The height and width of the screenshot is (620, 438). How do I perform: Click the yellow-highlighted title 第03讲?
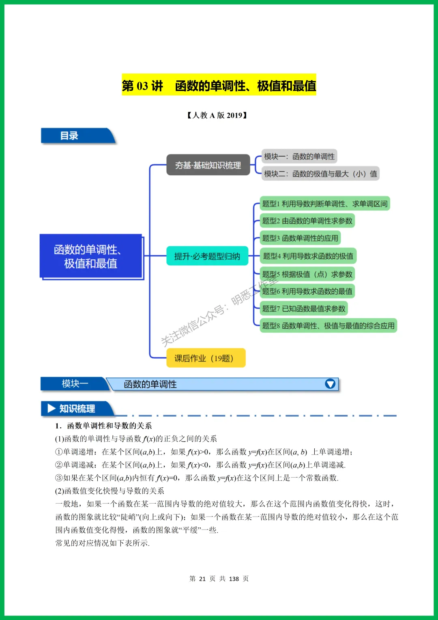click(219, 86)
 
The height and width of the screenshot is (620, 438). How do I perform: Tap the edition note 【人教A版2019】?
click(217, 115)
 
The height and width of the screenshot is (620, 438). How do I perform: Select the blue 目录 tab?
click(73, 136)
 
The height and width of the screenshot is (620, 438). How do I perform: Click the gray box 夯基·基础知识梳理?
click(208, 165)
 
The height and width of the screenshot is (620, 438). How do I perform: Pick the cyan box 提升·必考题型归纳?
click(207, 256)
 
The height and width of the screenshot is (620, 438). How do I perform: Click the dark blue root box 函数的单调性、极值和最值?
click(91, 256)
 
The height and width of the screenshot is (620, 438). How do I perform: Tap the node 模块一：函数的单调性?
click(299, 157)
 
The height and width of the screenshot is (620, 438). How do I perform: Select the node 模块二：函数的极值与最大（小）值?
click(320, 174)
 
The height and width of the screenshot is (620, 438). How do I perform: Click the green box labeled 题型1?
click(324, 204)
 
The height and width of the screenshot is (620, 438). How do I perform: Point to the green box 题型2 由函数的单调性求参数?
click(307, 221)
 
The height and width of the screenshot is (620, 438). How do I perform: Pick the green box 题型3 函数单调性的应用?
click(300, 238)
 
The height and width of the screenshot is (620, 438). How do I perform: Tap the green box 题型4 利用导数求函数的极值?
click(308, 256)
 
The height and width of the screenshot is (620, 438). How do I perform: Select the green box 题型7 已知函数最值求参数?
click(304, 308)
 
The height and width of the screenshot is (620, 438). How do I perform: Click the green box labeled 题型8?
click(328, 325)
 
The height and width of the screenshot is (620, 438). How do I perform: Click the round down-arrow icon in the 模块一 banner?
click(330, 384)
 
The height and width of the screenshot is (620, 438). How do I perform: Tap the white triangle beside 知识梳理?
click(52, 408)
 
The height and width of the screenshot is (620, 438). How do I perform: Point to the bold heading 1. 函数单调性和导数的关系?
click(104, 426)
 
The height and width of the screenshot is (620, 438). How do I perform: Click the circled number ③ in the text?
click(59, 478)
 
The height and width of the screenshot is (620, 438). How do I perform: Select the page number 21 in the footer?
click(202, 579)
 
